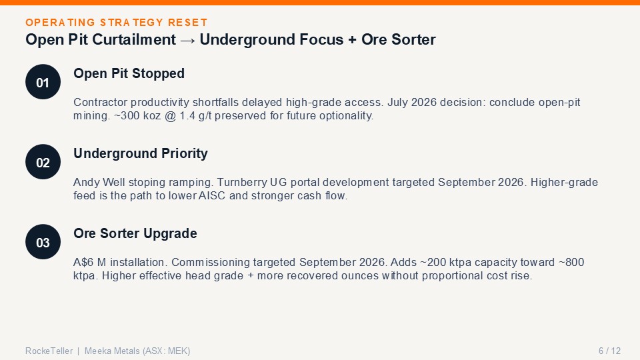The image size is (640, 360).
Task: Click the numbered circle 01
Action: coord(43,82)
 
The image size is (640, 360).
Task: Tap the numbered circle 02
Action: coord(43,162)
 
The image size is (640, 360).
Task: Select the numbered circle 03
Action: coord(43,242)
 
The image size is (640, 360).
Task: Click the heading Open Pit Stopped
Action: coord(129,73)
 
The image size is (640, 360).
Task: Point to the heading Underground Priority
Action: coord(141,153)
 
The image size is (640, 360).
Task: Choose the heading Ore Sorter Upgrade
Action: coord(135,233)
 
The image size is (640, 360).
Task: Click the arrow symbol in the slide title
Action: coord(187,41)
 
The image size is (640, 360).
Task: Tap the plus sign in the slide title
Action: coord(352,40)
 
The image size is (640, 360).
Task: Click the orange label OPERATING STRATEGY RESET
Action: coord(116,23)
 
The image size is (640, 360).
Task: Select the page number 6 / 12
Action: coord(609,351)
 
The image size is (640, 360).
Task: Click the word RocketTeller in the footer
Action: coord(49,351)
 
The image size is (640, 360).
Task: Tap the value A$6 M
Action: coord(90,262)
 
